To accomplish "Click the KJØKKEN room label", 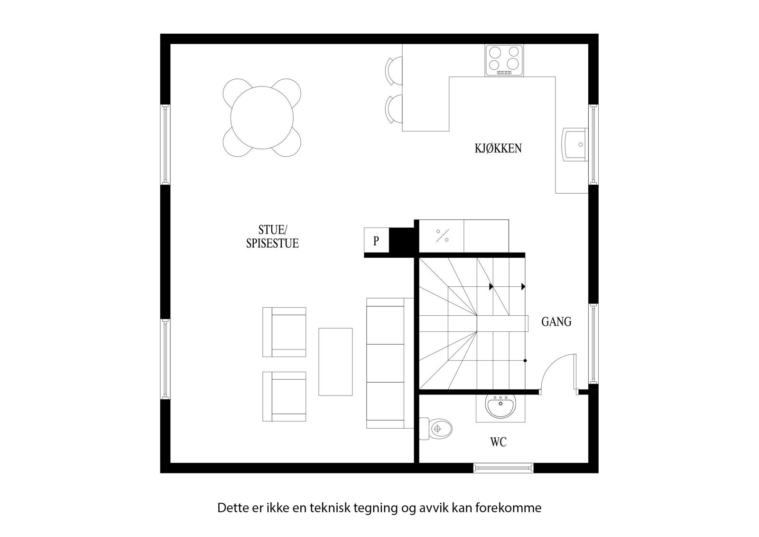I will (498, 148).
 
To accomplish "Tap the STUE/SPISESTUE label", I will (272, 237).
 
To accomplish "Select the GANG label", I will (556, 322).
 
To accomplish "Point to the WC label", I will (498, 443).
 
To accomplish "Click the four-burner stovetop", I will (504, 60).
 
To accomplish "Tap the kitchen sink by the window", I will (574, 144).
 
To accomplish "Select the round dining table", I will (262, 118).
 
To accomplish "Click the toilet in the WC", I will (436, 429).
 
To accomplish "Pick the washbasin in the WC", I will (500, 407).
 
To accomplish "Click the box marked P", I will (376, 241).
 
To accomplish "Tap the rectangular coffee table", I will (335, 361).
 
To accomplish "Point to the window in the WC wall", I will (503, 468).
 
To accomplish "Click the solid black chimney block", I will (402, 240).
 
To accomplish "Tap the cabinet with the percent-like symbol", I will (442, 236).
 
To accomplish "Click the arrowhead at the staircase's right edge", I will (523, 286).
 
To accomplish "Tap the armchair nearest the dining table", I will (284, 332).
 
